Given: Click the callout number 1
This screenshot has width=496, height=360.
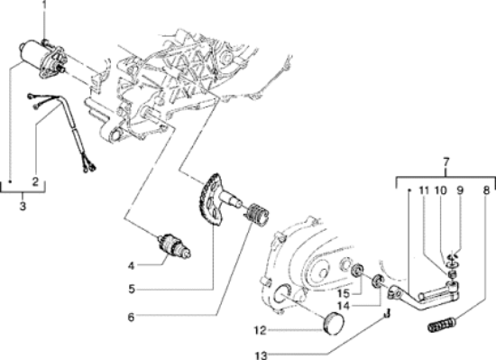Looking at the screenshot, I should click(42, 6).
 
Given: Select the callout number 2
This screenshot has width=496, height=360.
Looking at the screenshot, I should click(34, 181).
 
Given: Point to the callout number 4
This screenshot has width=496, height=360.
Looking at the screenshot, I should click(132, 264).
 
